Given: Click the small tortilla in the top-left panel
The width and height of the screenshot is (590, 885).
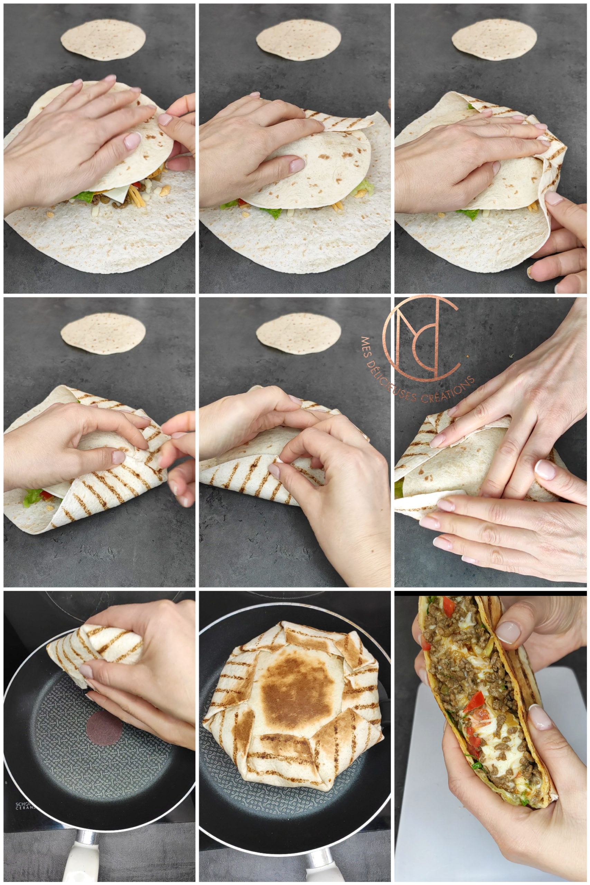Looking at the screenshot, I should pyautogui.click(x=103, y=40).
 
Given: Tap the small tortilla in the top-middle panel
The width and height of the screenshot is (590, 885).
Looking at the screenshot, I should pyautogui.click(x=298, y=40).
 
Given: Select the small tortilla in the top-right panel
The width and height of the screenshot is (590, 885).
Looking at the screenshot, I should pyautogui.click(x=494, y=40).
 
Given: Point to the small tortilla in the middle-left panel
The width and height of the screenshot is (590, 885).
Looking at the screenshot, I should pyautogui.click(x=103, y=333).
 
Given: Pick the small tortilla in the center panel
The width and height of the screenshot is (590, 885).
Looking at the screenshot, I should pyautogui.click(x=298, y=333).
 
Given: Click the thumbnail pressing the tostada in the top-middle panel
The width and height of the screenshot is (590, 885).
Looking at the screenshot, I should pyautogui.click(x=297, y=165).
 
